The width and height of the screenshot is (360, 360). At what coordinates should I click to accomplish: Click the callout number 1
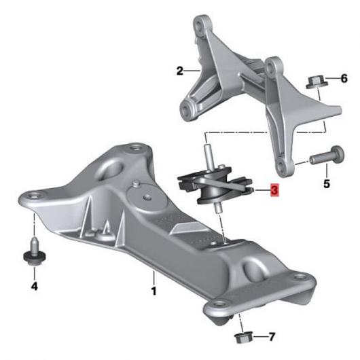click(154, 291)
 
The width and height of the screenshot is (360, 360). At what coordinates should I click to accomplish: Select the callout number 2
click(180, 71)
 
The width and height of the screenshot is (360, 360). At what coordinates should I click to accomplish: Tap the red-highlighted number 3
click(274, 190)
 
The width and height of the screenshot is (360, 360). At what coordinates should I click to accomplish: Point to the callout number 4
click(34, 286)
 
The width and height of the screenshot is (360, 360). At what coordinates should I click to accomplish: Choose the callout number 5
click(327, 183)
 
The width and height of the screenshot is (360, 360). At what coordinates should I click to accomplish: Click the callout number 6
click(344, 79)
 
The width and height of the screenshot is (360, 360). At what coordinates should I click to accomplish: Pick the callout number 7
click(272, 337)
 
